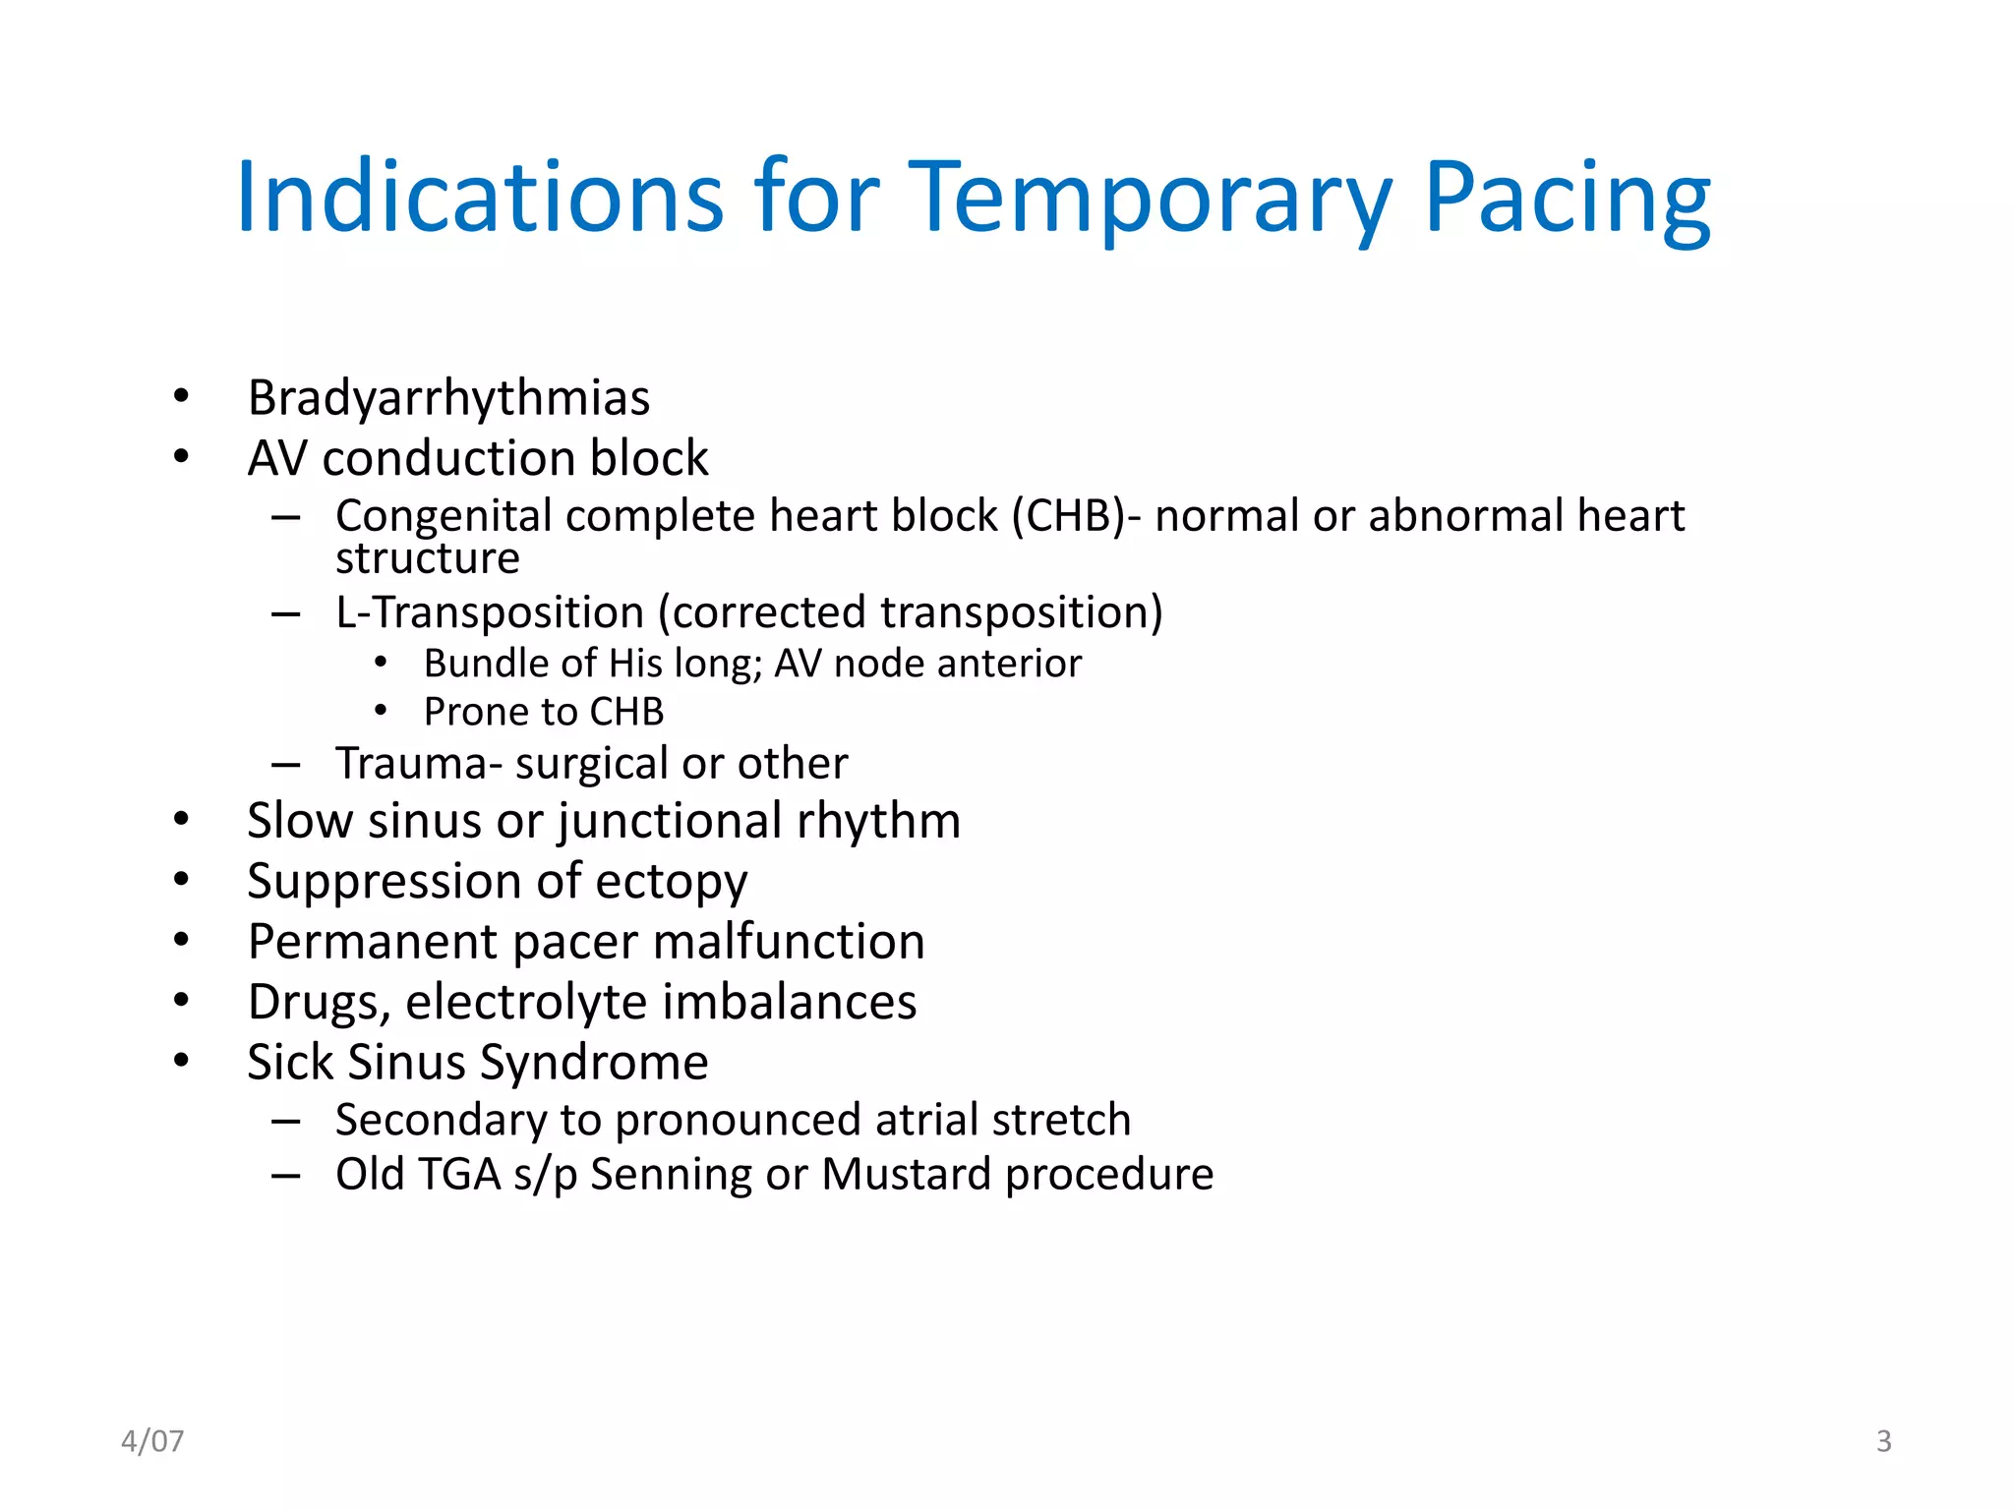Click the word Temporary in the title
(x=1151, y=199)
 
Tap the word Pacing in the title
(x=1568, y=199)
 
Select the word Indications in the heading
(x=480, y=199)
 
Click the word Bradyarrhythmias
(x=448, y=399)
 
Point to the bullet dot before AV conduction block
(x=181, y=457)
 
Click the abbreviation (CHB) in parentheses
(x=1069, y=516)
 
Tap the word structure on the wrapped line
(x=427, y=559)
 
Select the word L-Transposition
(x=489, y=612)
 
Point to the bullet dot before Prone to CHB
(x=381, y=712)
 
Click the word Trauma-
(x=412, y=764)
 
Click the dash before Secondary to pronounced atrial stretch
(x=285, y=1121)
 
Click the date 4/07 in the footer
(x=152, y=1441)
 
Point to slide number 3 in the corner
(x=1883, y=1441)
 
